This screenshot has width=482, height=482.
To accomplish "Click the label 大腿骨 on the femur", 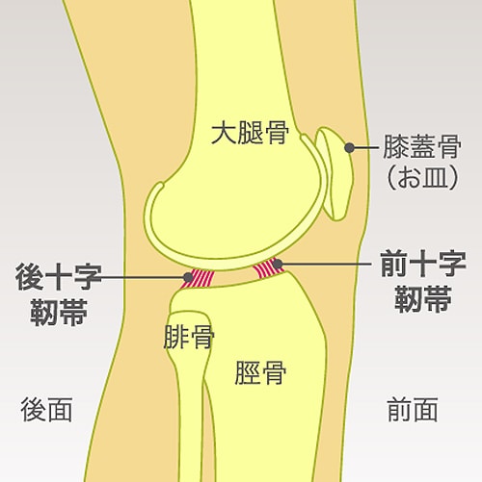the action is (x=250, y=132).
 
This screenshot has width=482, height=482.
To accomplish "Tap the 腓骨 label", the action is (x=189, y=337).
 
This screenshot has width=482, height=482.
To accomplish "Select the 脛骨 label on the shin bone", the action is (x=260, y=372).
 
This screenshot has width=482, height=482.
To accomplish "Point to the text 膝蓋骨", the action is (x=422, y=146).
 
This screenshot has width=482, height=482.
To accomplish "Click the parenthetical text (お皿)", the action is (x=422, y=177).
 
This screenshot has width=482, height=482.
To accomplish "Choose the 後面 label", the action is (x=46, y=410).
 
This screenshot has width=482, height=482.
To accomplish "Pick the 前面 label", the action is (x=413, y=410).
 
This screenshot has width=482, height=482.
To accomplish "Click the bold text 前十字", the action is (x=423, y=265).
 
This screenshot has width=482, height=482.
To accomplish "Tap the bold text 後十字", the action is (x=58, y=277).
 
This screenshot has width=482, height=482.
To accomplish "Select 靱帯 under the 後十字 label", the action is (x=59, y=312).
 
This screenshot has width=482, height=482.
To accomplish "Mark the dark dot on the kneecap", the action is (x=349, y=148).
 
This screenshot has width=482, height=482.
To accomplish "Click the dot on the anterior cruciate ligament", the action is (x=278, y=264).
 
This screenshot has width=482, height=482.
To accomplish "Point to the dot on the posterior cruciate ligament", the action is (x=188, y=277).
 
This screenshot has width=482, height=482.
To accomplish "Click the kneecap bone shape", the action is (x=335, y=173).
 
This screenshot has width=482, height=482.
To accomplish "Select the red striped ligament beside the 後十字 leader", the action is (x=198, y=279).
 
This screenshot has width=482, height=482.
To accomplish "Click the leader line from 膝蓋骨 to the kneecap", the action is (x=365, y=148).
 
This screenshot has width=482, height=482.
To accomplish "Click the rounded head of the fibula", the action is (x=190, y=330).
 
